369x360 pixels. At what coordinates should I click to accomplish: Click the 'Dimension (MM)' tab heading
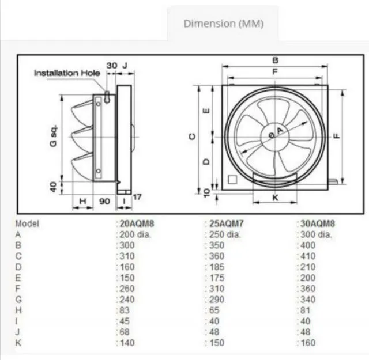click(223, 24)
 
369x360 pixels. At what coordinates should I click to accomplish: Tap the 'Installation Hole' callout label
click(67, 73)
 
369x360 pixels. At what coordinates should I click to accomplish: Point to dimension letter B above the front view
click(276, 60)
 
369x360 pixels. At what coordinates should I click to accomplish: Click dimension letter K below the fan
click(275, 198)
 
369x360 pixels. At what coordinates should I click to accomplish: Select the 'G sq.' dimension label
click(51, 135)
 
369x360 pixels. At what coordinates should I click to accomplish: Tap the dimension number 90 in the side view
click(104, 202)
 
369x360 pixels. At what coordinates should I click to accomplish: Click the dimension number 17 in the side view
click(137, 197)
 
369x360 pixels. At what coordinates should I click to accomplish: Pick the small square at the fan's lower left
click(232, 179)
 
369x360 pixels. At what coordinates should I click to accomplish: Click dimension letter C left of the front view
click(193, 136)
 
